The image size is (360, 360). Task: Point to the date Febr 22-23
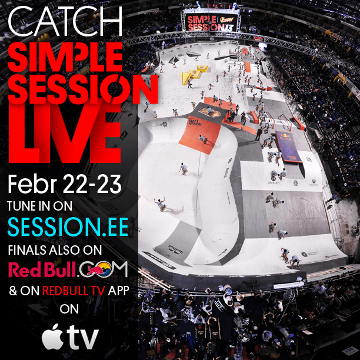65,184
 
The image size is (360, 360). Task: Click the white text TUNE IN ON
57,207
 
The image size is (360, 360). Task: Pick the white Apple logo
52,336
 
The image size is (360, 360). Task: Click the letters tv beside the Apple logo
82,337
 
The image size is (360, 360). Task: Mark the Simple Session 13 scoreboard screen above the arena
211,20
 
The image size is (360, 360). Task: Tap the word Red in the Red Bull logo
25,269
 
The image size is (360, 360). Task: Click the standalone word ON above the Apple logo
69,310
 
